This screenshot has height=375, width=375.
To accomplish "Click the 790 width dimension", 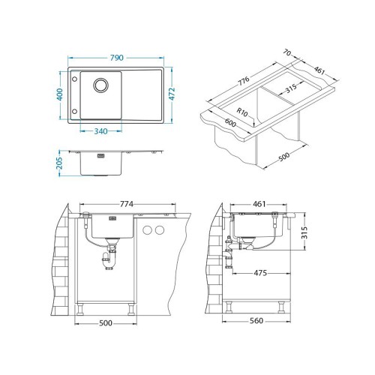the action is point(117,58).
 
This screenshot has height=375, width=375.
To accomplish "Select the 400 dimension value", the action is point(60,94).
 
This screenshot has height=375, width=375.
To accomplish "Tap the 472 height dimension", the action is point(172,94).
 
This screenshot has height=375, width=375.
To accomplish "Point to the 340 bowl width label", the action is point(100,131).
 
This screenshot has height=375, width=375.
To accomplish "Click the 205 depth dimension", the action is point(60,163).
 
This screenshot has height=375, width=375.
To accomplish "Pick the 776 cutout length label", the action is point(243,80).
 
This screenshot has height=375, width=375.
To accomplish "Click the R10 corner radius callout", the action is point(241,112).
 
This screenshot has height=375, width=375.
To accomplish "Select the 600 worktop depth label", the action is point(230,122).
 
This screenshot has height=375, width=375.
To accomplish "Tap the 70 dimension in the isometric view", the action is point(287,52).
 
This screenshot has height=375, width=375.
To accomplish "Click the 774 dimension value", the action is point(127,204).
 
